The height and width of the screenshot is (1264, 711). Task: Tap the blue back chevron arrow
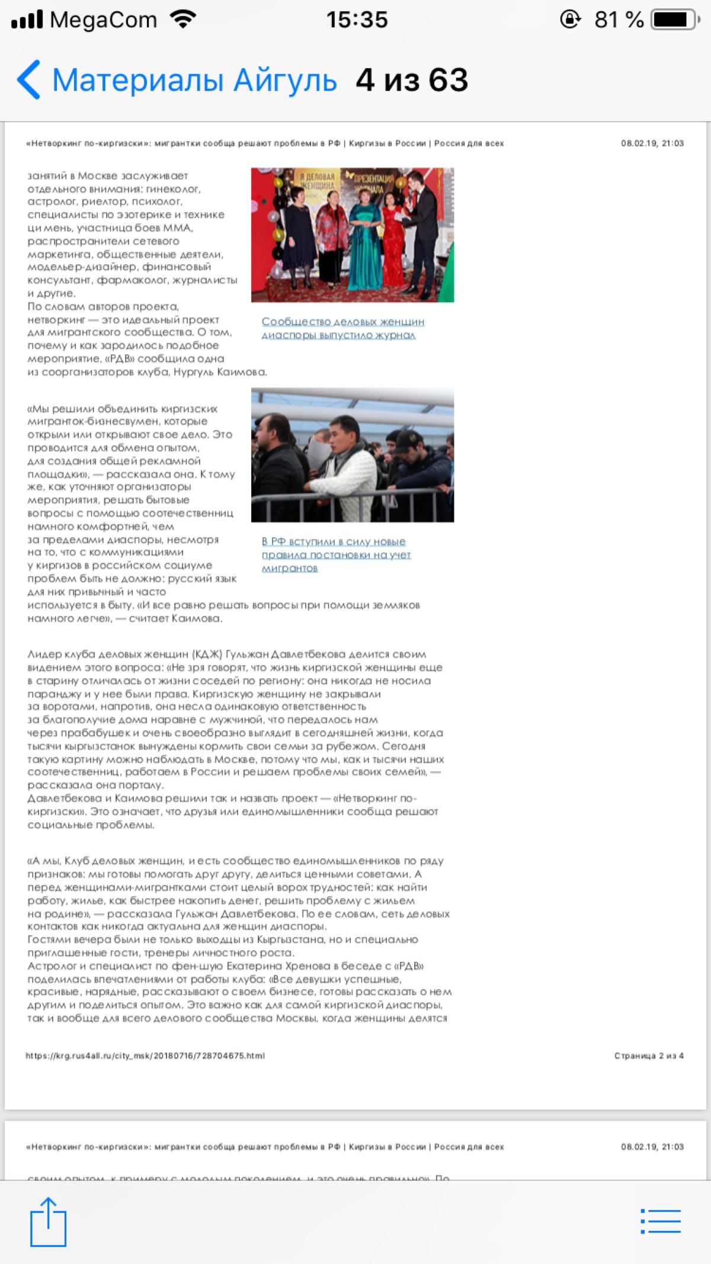tap(28, 79)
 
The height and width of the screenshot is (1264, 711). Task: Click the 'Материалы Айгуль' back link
tap(194, 81)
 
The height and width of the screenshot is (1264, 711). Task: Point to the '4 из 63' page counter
tap(412, 81)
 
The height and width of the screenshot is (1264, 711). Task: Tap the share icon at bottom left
tap(48, 1221)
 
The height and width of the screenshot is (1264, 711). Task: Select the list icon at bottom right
tap(661, 1221)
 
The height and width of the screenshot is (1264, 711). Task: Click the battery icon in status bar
tap(674, 20)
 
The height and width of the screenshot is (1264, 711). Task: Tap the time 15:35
tap(357, 20)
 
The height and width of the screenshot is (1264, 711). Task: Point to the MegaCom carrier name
tap(104, 20)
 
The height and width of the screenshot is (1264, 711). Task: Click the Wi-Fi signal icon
tap(183, 20)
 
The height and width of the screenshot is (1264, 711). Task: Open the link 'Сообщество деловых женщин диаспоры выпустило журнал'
tap(342, 328)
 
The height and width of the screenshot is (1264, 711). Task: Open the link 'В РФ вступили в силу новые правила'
tap(335, 554)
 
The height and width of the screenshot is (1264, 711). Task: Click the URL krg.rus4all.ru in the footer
tap(145, 1056)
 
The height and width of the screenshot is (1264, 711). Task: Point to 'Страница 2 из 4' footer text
tap(649, 1056)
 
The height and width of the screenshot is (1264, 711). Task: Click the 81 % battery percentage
tap(619, 20)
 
